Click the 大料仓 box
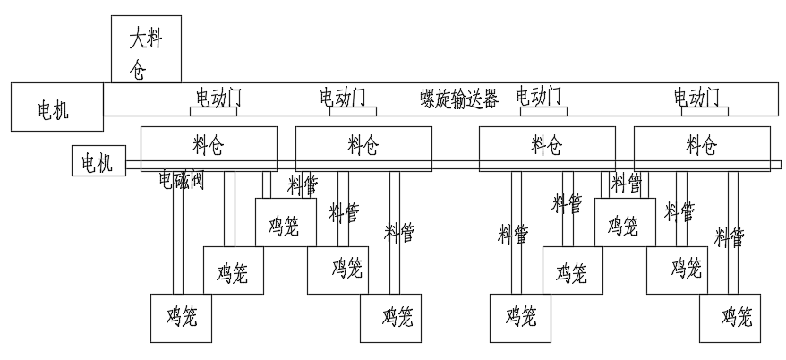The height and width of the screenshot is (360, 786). click(146, 48)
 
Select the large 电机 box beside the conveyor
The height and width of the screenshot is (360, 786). click(55, 110)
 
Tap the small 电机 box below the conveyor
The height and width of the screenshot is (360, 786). click(98, 163)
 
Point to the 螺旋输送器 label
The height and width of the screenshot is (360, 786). click(459, 99)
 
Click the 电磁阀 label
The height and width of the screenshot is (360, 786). click(182, 181)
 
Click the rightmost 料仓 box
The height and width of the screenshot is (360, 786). click(701, 144)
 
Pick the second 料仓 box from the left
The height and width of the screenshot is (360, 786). click(363, 144)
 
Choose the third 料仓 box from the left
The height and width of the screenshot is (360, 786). click(547, 144)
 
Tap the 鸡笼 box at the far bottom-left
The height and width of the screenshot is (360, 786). click(182, 317)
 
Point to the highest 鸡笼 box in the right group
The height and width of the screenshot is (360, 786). click(624, 224)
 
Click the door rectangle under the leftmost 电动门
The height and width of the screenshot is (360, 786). click(212, 111)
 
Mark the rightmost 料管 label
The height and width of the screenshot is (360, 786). click(730, 237)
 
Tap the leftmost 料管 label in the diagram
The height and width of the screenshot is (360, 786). click(302, 186)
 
